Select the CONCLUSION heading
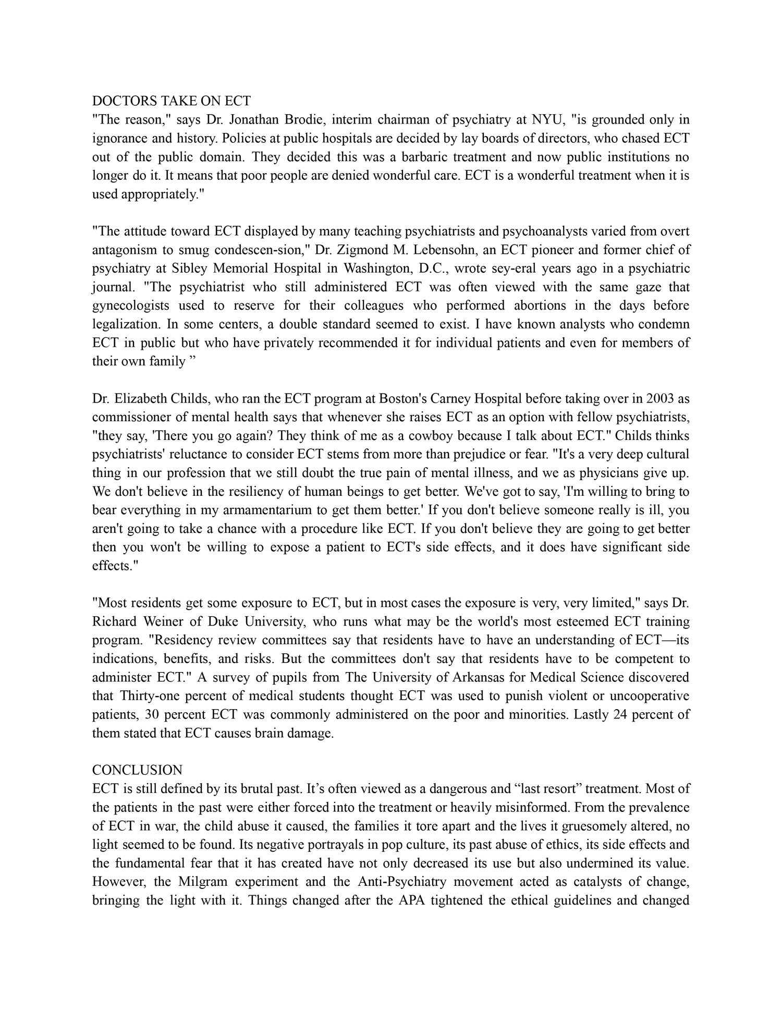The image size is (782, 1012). coord(137,770)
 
